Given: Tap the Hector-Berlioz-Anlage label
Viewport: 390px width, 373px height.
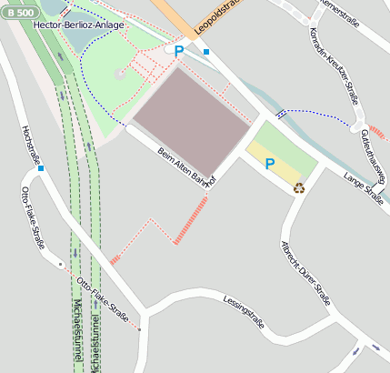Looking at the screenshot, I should (x=71, y=25).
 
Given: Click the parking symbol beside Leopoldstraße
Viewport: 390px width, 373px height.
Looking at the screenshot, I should (x=179, y=52).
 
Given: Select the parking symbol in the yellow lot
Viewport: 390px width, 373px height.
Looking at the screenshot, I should (x=269, y=164).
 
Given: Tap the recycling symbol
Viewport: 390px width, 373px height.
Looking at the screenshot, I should (x=298, y=188).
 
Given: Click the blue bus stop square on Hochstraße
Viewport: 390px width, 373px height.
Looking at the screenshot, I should (x=41, y=168).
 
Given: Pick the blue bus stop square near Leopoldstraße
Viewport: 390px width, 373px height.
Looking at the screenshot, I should (x=207, y=52).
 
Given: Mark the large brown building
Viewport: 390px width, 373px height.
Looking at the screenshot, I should (x=191, y=118).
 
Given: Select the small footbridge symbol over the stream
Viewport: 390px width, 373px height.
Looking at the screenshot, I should (x=281, y=114).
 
